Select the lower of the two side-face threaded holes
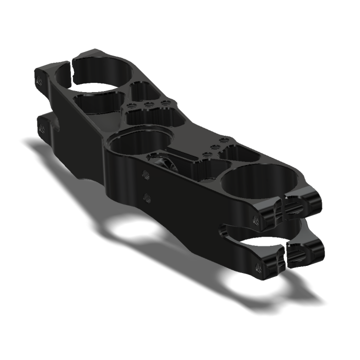(147, 196)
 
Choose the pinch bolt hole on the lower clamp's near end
(257, 266)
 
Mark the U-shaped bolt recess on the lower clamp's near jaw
(303, 254)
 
